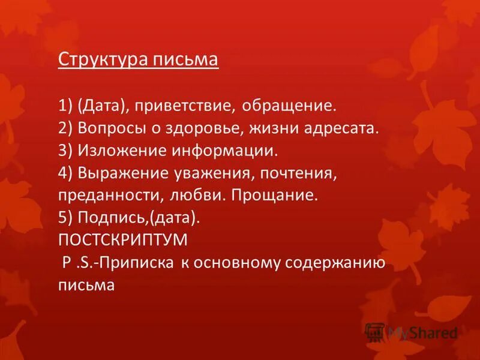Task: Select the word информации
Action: tap(217, 151)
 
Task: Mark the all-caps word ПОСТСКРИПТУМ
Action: tap(122, 240)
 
